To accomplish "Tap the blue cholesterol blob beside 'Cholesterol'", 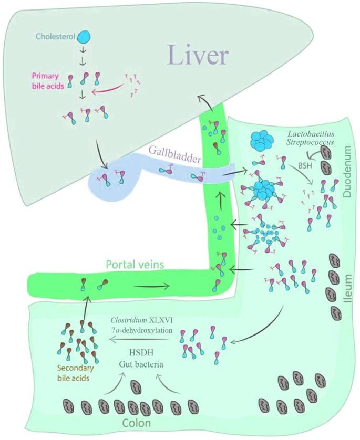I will [84, 36].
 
